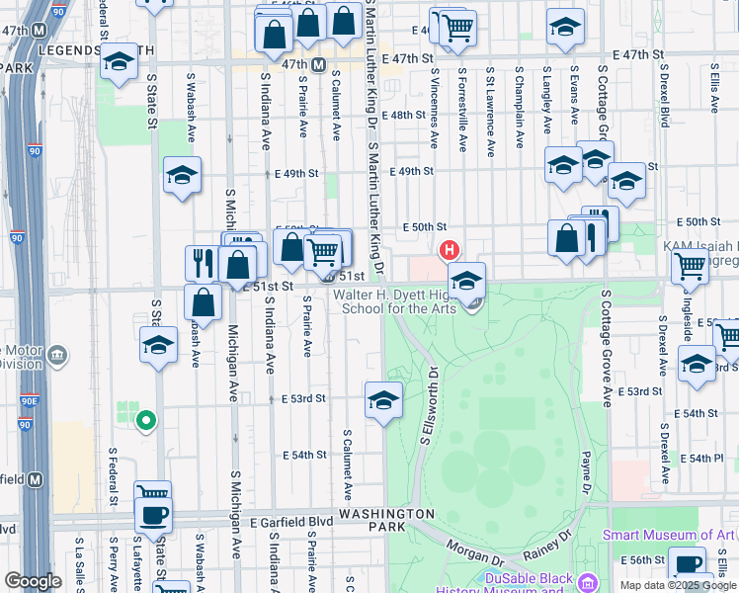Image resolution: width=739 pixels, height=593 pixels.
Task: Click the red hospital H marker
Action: pos(451,248)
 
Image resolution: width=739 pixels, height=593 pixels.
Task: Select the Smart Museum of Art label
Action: pos(669,535)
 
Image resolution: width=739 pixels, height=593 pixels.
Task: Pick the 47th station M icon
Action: pos(319,64)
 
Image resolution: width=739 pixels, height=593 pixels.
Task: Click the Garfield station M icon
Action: pos(36,479)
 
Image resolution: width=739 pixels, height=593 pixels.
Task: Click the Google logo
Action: pos(33,580)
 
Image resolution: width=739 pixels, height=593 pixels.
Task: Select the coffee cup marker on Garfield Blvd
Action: pos(154,514)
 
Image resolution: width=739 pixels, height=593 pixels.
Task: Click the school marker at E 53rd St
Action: pos(383,400)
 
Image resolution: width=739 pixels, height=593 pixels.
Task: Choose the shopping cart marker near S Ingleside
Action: pos(689,264)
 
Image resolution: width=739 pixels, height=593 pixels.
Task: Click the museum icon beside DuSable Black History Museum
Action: pos(589,581)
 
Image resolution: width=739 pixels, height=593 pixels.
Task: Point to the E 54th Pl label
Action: pos(705,459)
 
